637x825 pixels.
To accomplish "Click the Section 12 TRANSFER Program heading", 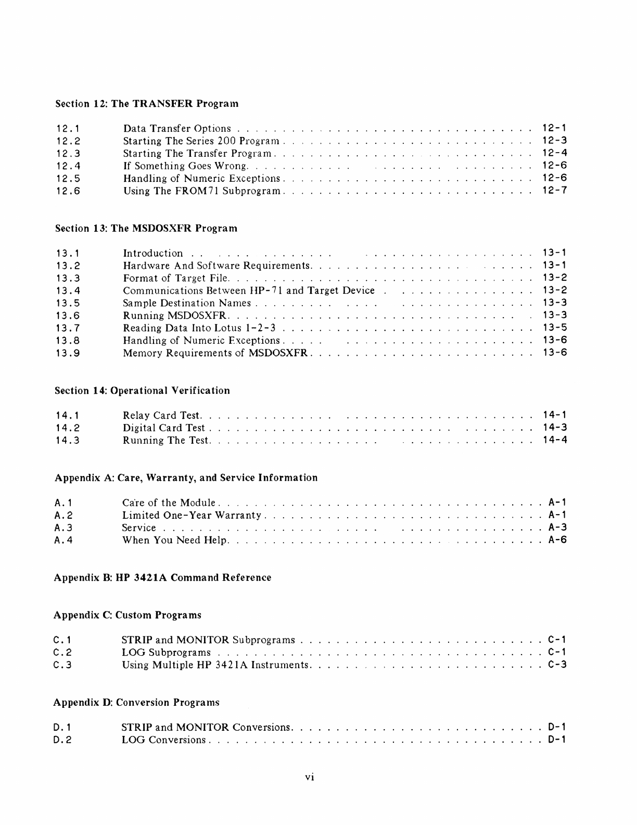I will [x=147, y=104].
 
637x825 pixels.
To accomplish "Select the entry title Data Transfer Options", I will [x=177, y=129].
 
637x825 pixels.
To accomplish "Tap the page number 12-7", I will [x=554, y=190].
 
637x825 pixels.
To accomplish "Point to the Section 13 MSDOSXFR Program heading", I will [x=146, y=228].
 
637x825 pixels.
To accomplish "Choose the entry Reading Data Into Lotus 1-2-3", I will [x=199, y=328].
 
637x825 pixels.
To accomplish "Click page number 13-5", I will [x=554, y=328].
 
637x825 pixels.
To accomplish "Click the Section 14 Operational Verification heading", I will [x=143, y=391].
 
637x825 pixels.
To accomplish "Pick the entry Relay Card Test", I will [x=162, y=416].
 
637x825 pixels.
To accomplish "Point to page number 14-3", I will [x=554, y=428].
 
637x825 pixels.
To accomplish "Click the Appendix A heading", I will [x=186, y=478].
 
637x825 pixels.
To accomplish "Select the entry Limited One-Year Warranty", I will [x=192, y=516].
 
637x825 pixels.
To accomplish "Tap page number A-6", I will [x=557, y=540].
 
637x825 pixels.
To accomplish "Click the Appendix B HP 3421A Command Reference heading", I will [x=162, y=578].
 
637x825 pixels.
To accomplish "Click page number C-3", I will [x=557, y=665].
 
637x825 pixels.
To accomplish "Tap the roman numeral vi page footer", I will [x=310, y=778].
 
